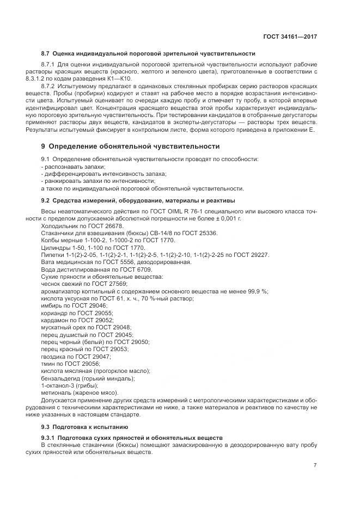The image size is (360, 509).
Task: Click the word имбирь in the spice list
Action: tap(51, 306)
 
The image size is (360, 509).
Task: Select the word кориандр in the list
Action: tap(54, 313)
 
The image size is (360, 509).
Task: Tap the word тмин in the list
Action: tap(48, 363)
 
